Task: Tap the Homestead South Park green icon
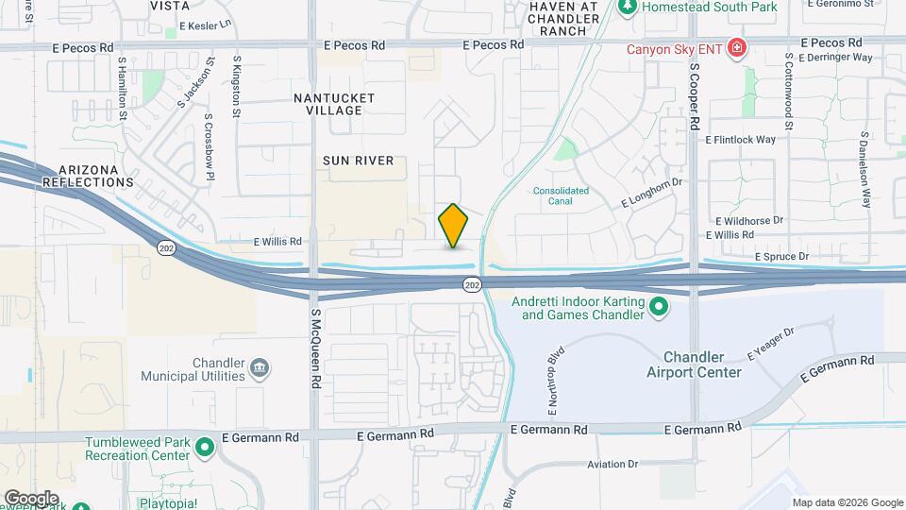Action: tap(627, 7)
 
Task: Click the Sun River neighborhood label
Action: tap(358, 161)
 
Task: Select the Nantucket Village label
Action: tap(334, 104)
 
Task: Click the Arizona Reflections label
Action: tap(88, 175)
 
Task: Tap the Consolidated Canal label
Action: tap(561, 195)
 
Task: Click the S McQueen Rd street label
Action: tap(314, 349)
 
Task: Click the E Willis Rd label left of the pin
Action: tap(277, 242)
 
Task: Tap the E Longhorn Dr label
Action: tap(651, 192)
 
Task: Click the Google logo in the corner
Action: tap(32, 498)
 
